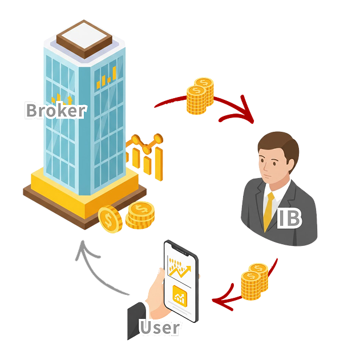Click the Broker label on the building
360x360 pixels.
coord(55,110)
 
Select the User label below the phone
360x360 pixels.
coord(160,327)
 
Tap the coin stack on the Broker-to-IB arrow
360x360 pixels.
coord(200,96)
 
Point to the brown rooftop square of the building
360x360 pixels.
coord(86,38)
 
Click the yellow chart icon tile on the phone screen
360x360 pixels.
coord(180,294)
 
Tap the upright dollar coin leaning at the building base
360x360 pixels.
coord(110,219)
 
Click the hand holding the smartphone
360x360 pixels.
coord(157,294)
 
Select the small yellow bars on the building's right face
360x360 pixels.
coord(107,78)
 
